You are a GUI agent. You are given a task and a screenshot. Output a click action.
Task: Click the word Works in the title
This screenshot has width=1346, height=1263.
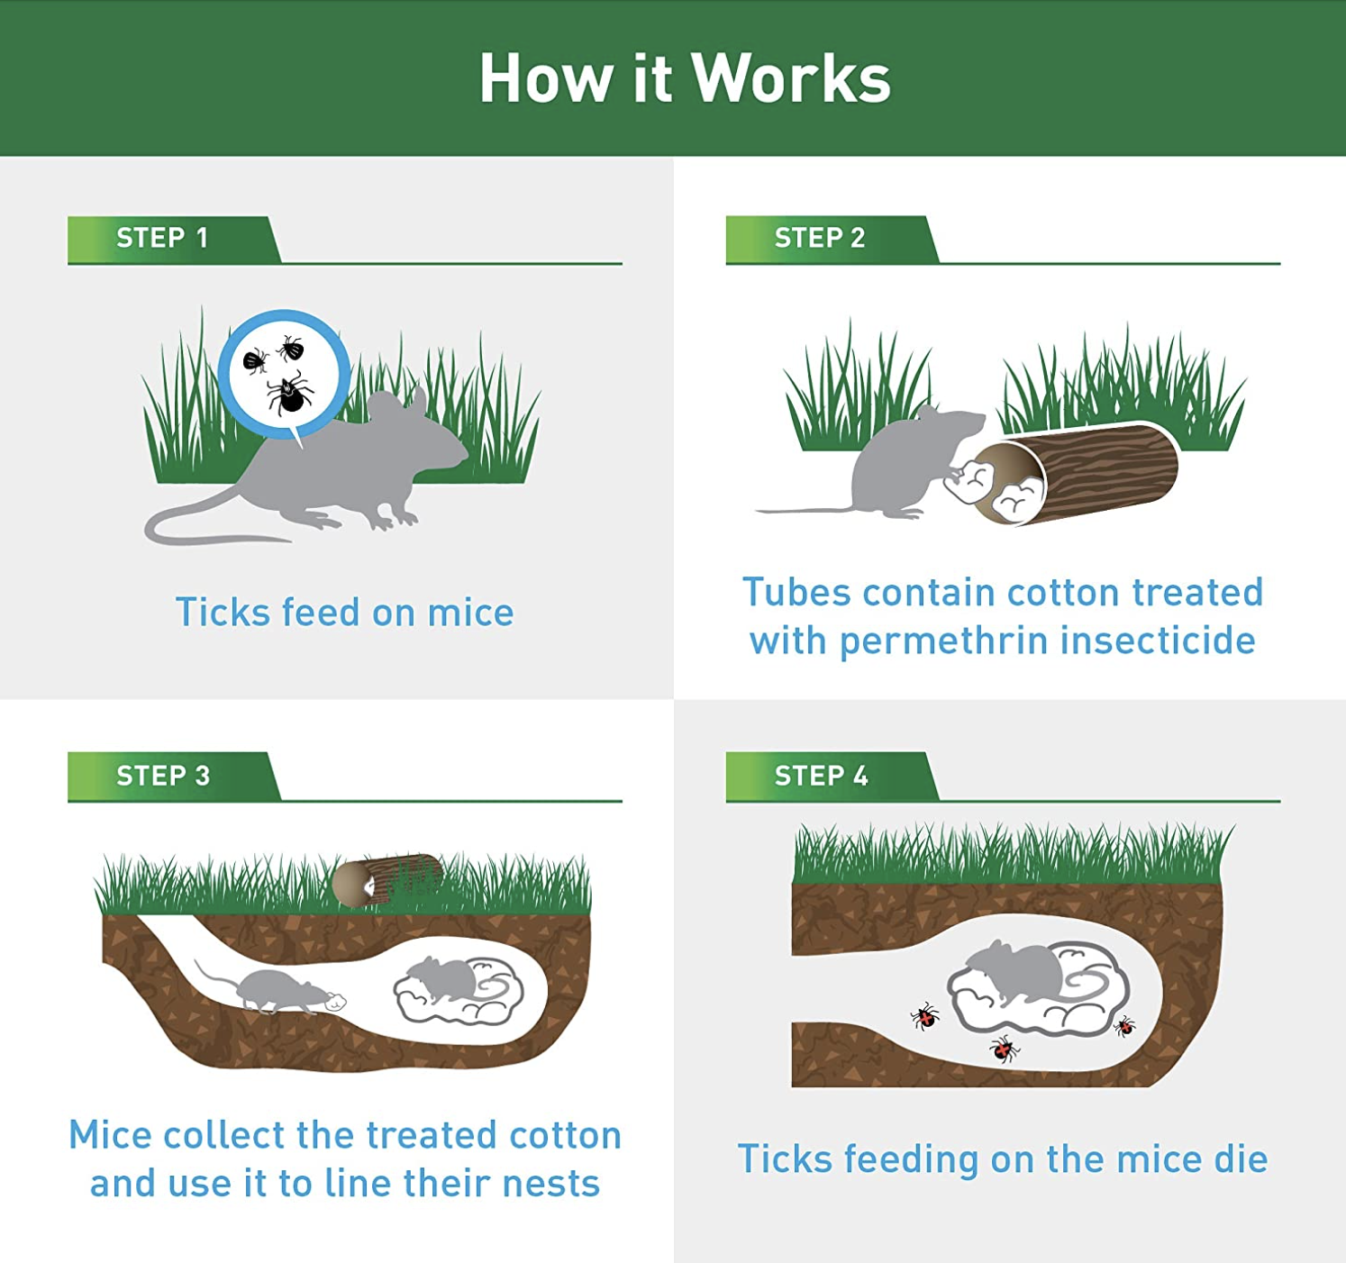[x=790, y=78]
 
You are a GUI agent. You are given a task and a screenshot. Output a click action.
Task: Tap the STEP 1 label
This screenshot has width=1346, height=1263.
[x=162, y=238]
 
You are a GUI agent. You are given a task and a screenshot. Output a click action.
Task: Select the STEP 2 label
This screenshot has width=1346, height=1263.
[x=819, y=238]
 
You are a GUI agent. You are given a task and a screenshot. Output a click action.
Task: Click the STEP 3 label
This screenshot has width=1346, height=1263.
[x=163, y=776]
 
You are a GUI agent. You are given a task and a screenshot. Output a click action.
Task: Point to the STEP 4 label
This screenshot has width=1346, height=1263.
[x=821, y=776]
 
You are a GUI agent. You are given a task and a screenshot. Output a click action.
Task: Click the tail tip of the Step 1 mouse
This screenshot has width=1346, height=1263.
[x=288, y=541]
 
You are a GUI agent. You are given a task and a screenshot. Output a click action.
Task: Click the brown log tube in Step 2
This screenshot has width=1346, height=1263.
[x=1077, y=472]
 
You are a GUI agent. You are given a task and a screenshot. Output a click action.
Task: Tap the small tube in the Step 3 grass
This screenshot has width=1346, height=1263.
[x=387, y=880]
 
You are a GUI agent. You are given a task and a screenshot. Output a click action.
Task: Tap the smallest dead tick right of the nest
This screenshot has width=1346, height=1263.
[x=1124, y=1026]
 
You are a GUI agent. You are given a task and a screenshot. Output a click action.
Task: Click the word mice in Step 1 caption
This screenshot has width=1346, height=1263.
[x=470, y=613]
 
